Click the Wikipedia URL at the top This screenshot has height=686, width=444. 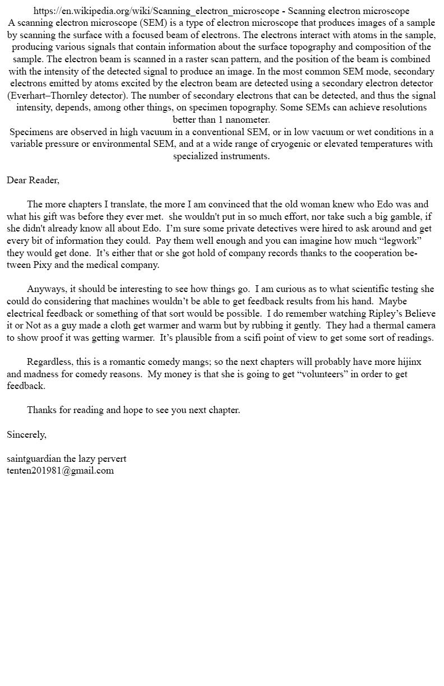(156, 11)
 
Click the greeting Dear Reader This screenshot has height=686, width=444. (33, 180)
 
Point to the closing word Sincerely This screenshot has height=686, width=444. (26, 435)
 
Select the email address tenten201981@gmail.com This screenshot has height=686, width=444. (60, 471)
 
